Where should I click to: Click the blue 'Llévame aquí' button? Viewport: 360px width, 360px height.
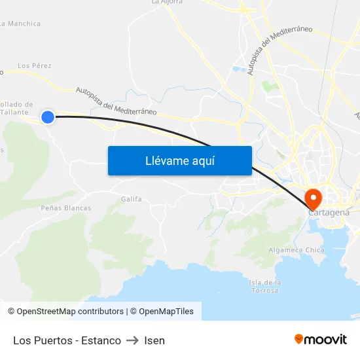[x=179, y=160]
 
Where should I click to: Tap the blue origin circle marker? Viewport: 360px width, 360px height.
[x=48, y=117]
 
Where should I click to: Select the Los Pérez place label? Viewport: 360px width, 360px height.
[x=34, y=65]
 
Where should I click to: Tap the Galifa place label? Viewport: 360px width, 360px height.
[x=132, y=198]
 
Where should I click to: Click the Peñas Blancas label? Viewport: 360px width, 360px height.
[x=65, y=207]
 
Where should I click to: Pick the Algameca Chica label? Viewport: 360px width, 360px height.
[x=296, y=250]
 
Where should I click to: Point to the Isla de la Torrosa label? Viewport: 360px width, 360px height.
[x=265, y=286]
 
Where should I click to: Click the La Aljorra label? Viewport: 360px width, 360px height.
[x=167, y=2]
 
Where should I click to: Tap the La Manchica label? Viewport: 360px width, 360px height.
[x=22, y=24]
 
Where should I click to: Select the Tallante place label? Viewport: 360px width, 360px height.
[x=18, y=112]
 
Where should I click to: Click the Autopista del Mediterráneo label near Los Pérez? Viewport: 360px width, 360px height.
[x=116, y=101]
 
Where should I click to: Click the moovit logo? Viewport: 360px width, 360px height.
[x=321, y=339]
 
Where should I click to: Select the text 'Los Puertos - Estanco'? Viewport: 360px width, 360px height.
[x=67, y=340]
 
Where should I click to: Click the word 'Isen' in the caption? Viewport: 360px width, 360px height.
[x=154, y=340]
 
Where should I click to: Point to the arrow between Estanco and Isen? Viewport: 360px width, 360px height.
[x=132, y=340]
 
